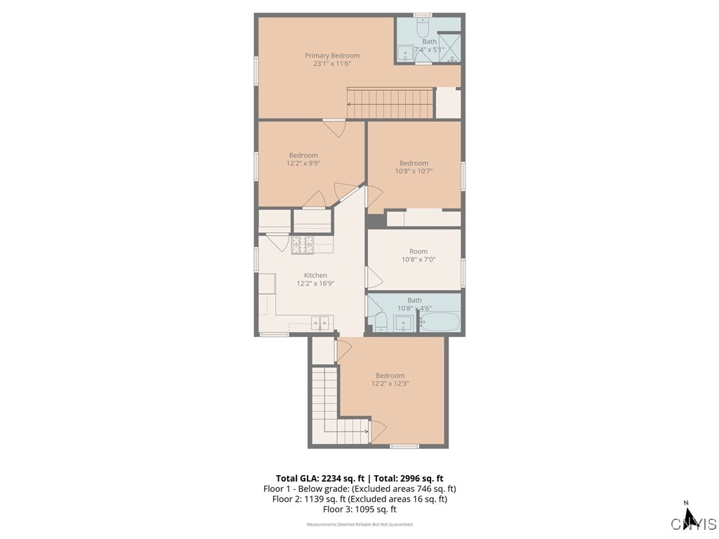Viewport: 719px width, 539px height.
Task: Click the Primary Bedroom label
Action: tap(332, 55)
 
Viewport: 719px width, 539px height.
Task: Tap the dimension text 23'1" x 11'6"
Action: tap(332, 64)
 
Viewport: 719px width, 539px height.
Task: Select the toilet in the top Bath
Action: tap(423, 29)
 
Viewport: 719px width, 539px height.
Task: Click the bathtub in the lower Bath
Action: tap(440, 323)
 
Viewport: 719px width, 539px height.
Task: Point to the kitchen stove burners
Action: tap(303, 244)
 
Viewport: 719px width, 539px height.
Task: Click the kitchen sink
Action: tap(321, 324)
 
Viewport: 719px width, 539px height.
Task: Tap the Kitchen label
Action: tap(315, 275)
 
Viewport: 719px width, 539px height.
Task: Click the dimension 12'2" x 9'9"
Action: tap(303, 164)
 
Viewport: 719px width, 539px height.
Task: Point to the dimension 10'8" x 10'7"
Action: tap(414, 171)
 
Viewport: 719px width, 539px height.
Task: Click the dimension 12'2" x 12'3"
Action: tap(390, 384)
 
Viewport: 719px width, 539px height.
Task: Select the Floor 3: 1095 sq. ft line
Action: tap(359, 510)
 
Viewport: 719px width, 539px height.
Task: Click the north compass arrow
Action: tap(690, 518)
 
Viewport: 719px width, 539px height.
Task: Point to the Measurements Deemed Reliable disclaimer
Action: tap(359, 524)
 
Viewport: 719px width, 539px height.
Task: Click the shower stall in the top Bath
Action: tap(450, 48)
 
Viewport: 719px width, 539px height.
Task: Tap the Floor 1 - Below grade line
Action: tap(359, 488)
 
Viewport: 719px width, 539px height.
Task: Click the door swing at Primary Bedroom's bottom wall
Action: tap(334, 128)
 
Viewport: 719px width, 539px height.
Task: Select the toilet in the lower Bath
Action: tap(379, 323)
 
